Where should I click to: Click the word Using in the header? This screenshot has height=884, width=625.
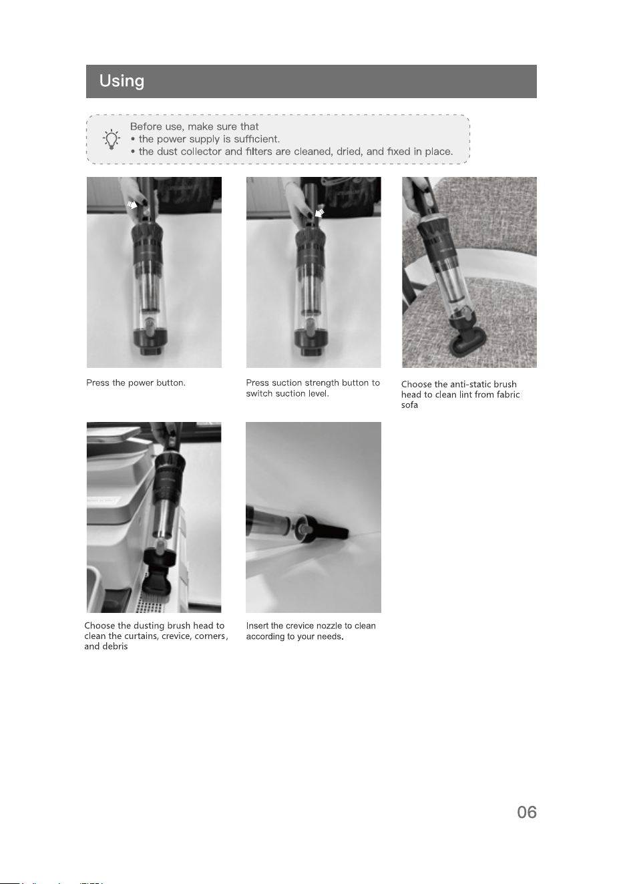click(122, 81)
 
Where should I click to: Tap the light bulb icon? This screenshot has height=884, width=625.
click(112, 139)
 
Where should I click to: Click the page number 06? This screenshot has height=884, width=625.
click(527, 813)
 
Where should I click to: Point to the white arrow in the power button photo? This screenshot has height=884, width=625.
click(132, 204)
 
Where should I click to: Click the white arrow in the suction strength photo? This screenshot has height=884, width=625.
click(320, 213)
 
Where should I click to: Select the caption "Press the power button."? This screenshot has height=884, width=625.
click(136, 383)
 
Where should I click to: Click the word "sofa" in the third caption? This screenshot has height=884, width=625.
click(409, 405)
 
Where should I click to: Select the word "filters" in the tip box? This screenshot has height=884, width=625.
click(258, 152)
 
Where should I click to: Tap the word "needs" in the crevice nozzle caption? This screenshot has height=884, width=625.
click(331, 636)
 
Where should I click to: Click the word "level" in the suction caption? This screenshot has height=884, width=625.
click(319, 393)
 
